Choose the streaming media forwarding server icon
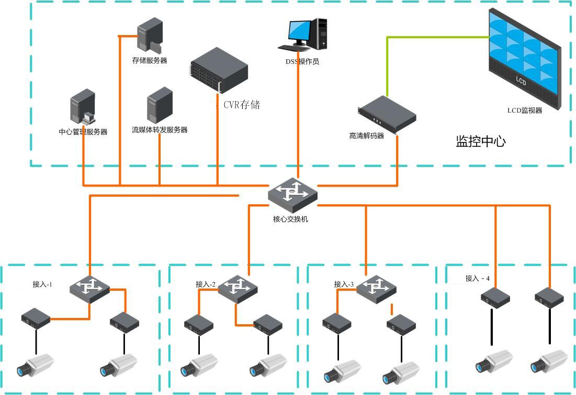(160, 105)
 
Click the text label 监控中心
(480, 141)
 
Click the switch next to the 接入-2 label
(239, 288)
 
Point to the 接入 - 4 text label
(478, 278)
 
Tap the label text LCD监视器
(524, 111)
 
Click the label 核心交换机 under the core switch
(291, 219)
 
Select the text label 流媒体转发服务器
(160, 129)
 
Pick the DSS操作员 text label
(301, 61)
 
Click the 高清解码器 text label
(366, 136)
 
